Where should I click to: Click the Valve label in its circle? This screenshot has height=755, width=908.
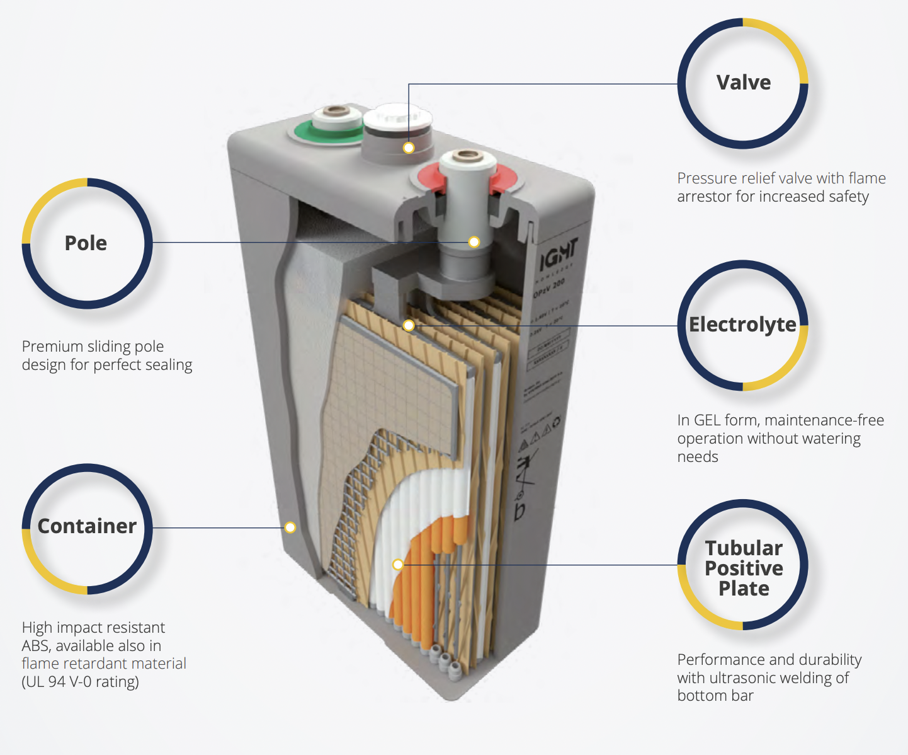(743, 83)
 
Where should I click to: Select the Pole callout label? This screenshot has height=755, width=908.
(86, 243)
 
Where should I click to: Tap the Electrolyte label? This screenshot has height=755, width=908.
(742, 325)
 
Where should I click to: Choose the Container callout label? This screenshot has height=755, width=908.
(87, 526)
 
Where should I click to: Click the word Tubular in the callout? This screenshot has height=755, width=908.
(744, 548)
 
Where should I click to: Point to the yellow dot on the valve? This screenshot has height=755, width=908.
(409, 148)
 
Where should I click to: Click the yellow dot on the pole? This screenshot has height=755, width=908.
(474, 242)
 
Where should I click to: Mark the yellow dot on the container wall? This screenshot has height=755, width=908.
(290, 527)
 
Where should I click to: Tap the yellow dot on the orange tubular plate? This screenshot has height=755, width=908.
(398, 565)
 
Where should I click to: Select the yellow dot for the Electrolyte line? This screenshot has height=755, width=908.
(409, 326)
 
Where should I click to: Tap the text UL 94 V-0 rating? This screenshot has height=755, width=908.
(80, 682)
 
